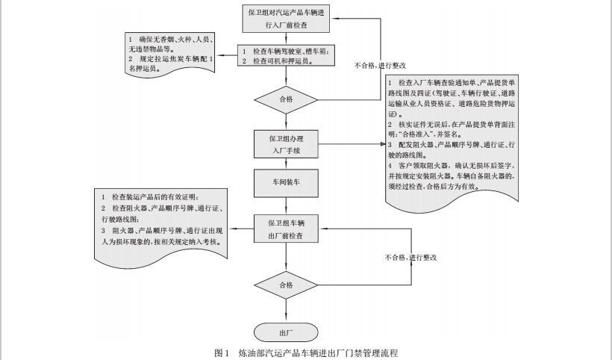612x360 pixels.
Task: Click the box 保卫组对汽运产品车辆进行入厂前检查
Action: point(287,18)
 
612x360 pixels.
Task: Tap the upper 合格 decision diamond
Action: point(287,97)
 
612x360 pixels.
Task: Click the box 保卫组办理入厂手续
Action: point(287,144)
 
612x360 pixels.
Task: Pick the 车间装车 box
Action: point(287,181)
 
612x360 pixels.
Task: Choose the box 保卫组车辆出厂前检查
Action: point(287,229)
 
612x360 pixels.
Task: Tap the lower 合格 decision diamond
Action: point(287,285)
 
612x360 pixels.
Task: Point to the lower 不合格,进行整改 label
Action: point(410,257)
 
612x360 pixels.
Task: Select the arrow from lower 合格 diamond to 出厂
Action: point(287,311)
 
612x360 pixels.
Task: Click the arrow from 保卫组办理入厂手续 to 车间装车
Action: point(287,164)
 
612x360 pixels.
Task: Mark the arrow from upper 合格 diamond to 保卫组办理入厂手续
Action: point(287,120)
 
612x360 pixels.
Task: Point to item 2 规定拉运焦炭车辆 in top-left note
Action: point(171,63)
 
